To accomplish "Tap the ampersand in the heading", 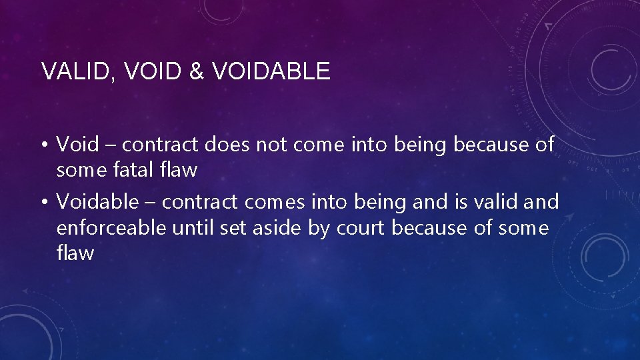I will [x=196, y=71].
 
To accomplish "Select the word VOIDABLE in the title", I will [x=271, y=71].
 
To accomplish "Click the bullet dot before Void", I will [x=44, y=144].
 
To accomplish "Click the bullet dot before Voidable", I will [x=44, y=201].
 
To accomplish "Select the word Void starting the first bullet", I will [x=77, y=144].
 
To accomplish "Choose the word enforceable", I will [x=111, y=228].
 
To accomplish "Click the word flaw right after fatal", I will [x=178, y=170].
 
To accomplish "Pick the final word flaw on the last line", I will [x=75, y=253].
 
